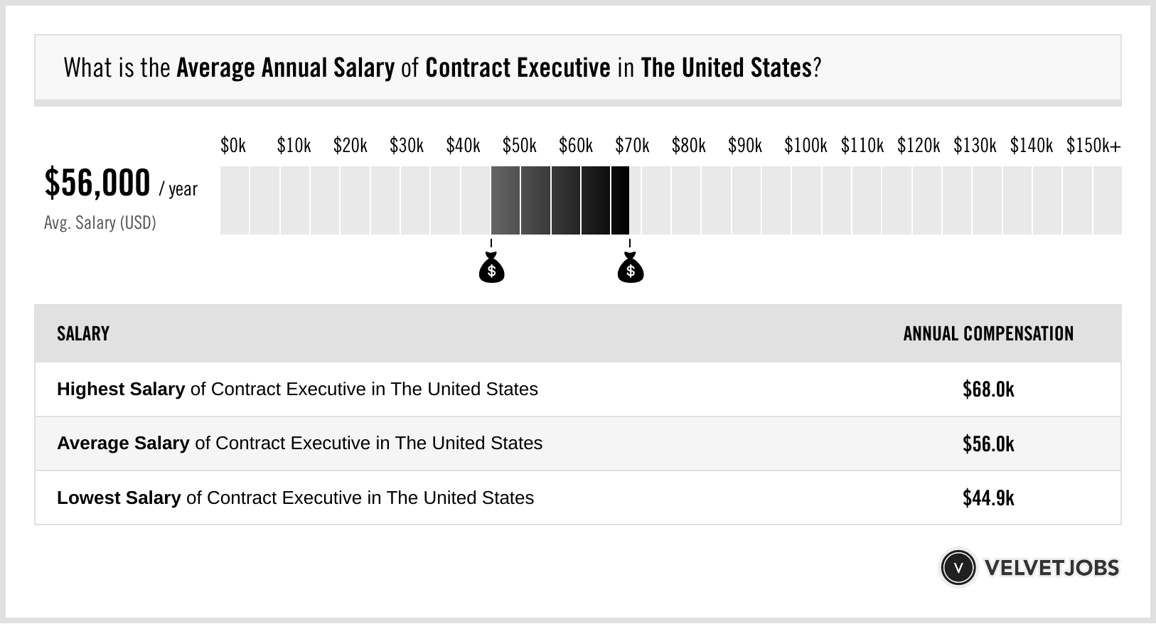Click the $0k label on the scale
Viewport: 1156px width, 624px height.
click(x=233, y=146)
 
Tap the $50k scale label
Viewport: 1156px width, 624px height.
click(x=519, y=146)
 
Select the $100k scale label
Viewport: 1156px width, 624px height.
click(x=806, y=146)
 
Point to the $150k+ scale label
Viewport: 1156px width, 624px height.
click(x=1093, y=146)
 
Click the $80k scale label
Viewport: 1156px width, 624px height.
click(x=688, y=146)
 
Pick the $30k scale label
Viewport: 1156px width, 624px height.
click(x=406, y=146)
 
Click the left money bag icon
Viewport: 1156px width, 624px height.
click(x=491, y=269)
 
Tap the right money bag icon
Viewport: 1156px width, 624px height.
click(x=630, y=269)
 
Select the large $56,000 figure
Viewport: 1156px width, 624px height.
click(x=97, y=183)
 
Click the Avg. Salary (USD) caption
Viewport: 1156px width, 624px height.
click(x=100, y=223)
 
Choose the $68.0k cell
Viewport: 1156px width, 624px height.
click(x=988, y=389)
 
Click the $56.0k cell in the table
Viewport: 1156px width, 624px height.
click(x=988, y=444)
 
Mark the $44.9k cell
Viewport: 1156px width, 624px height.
click(x=988, y=498)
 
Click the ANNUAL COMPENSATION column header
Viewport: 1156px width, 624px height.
click(x=988, y=334)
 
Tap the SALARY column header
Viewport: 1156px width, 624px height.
click(x=83, y=334)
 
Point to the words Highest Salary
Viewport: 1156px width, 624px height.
click(x=121, y=389)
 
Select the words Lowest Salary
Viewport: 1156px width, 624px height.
click(x=119, y=498)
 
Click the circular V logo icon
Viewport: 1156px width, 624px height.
click(x=958, y=568)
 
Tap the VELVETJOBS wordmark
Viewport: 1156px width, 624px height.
click(x=1051, y=568)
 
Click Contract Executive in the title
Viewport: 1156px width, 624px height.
click(x=518, y=68)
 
